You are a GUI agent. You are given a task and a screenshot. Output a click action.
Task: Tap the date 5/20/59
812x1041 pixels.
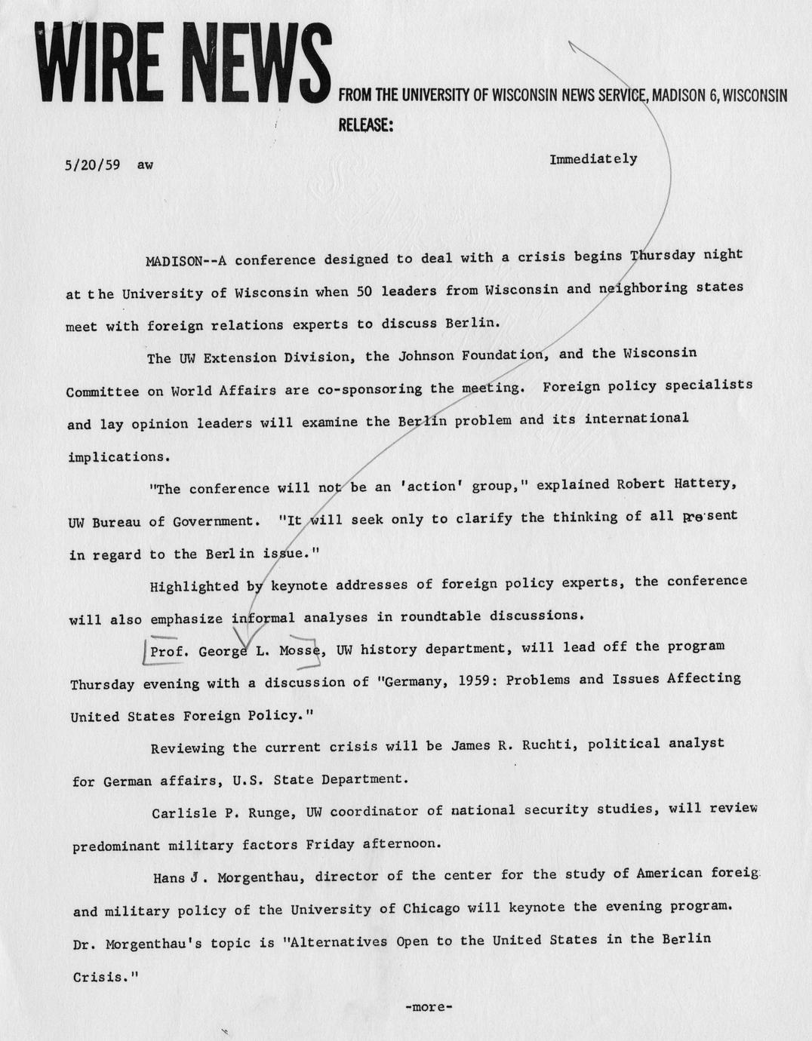coord(93,164)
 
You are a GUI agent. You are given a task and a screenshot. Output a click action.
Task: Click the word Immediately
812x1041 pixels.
coord(593,159)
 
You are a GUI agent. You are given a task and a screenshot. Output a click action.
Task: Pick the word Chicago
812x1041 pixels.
coord(431,908)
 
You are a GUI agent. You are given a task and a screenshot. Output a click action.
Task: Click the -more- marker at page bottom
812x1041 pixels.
coord(428,1006)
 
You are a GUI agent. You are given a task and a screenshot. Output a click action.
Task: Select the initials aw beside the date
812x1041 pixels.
coord(145,164)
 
